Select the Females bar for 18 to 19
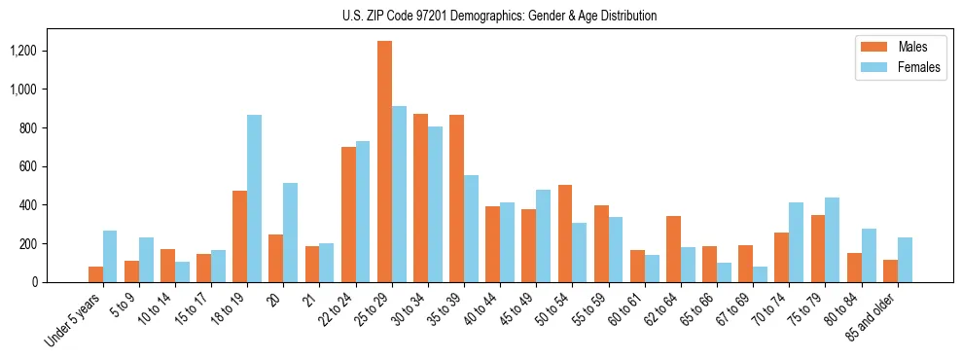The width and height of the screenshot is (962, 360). click(254, 198)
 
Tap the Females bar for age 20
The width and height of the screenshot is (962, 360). click(290, 233)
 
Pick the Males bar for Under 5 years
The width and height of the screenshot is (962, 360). click(95, 274)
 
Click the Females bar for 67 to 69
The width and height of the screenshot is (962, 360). click(760, 274)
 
